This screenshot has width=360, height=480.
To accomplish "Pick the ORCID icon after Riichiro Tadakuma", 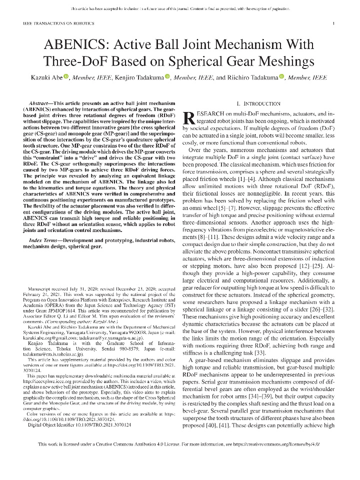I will point(281,77).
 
